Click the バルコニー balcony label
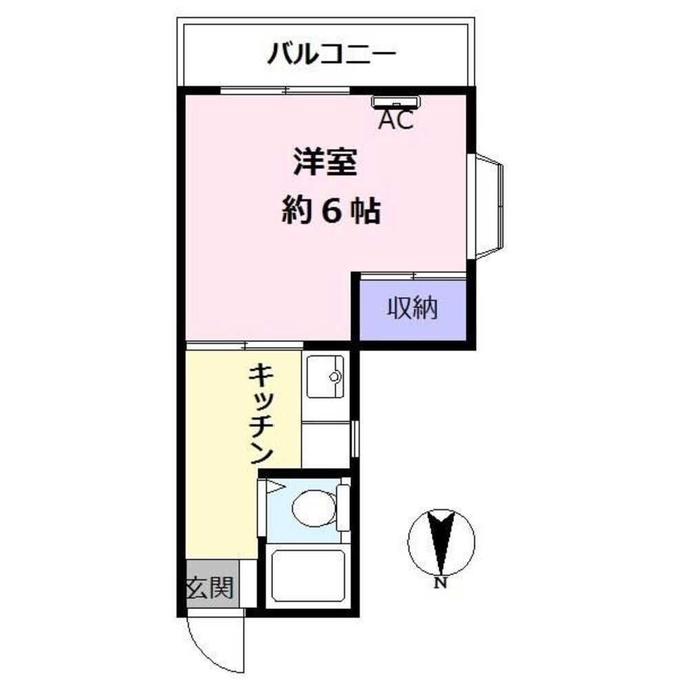click(331, 53)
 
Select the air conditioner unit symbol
click(397, 102)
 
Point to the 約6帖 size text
click(331, 212)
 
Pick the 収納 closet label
click(412, 308)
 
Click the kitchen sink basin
click(325, 376)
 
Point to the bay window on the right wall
click(489, 206)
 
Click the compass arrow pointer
click(441, 541)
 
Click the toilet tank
click(343, 508)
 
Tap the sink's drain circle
click(335, 376)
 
